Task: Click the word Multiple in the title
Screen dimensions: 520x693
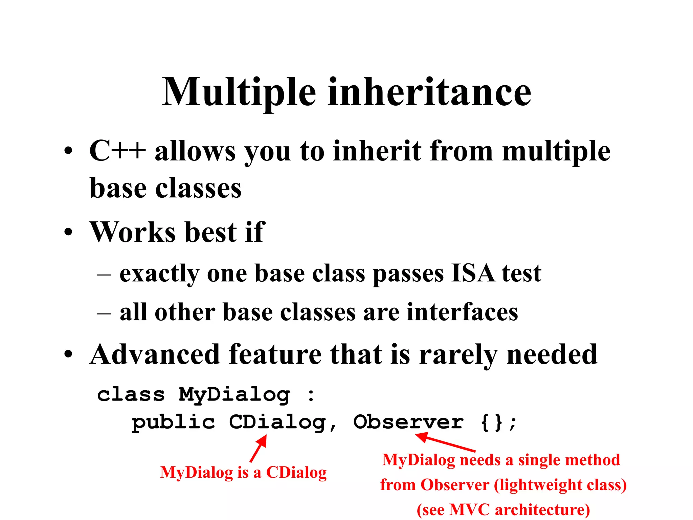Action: [x=239, y=92]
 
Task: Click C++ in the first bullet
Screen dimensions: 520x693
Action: [x=117, y=151]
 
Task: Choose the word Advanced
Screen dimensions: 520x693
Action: [x=155, y=354]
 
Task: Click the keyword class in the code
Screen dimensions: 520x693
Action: [x=131, y=395]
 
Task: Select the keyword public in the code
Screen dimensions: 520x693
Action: [x=173, y=422]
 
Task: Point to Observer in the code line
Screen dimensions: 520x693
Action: [x=408, y=422]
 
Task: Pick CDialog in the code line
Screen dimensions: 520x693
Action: [x=277, y=422]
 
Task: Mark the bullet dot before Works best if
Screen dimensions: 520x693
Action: [x=68, y=232]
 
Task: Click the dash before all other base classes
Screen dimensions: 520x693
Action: [x=104, y=313]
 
